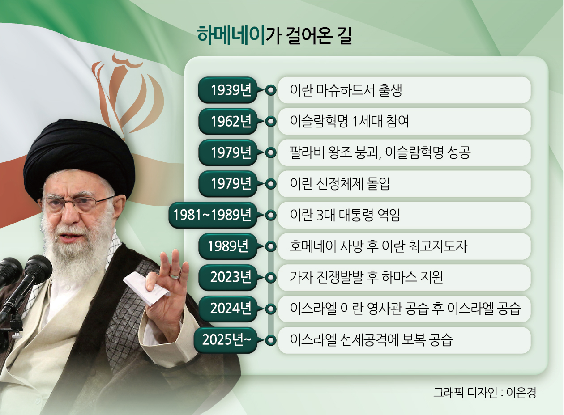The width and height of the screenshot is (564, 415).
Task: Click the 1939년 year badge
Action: (x=228, y=90)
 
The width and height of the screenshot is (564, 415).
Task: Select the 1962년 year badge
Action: (x=228, y=121)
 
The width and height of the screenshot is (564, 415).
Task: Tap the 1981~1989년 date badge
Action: (x=213, y=215)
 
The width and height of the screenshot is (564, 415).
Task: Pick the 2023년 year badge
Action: (x=228, y=277)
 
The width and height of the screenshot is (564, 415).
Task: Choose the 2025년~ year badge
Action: (x=226, y=340)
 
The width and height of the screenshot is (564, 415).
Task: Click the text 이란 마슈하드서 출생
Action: (x=346, y=90)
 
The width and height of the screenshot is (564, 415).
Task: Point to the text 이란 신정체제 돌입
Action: (x=340, y=184)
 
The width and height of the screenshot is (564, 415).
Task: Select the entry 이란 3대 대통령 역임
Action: (x=345, y=215)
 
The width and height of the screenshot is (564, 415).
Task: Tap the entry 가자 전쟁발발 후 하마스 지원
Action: (x=366, y=277)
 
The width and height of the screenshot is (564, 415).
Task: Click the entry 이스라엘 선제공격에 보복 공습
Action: (x=371, y=340)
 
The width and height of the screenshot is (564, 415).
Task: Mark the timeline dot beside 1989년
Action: (x=271, y=246)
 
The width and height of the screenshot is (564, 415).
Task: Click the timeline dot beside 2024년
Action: (x=271, y=309)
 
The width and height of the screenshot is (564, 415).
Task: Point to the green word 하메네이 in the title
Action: (x=231, y=36)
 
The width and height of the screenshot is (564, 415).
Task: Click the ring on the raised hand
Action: (x=175, y=275)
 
